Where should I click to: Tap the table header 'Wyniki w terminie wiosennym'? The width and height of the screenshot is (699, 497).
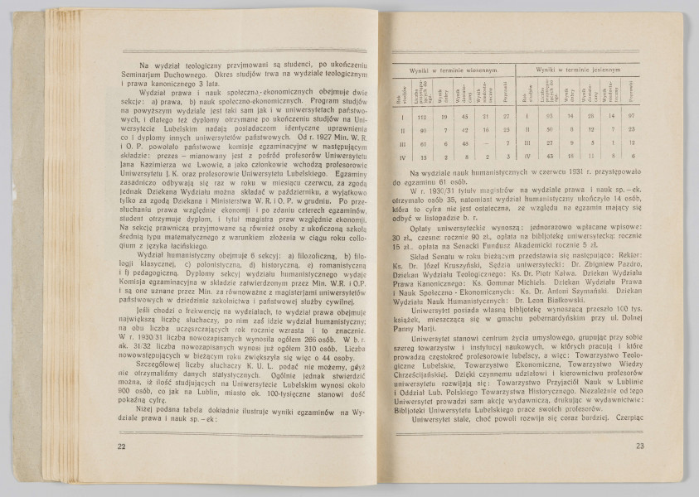pos(454,73)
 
